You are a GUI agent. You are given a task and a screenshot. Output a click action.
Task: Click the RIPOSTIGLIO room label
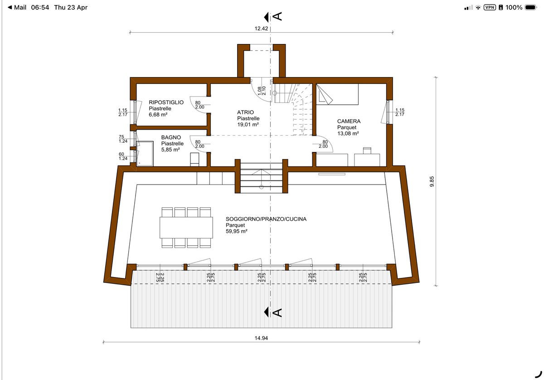(x=166, y=102)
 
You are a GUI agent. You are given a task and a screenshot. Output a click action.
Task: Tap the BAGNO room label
(x=171, y=137)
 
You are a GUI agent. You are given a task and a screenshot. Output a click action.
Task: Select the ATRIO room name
(x=245, y=112)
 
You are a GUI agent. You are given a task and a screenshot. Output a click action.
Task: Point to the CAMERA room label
(x=349, y=121)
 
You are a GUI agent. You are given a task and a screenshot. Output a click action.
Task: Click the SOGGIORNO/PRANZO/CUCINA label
(x=266, y=219)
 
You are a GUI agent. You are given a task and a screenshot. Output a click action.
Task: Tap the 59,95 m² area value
(x=236, y=231)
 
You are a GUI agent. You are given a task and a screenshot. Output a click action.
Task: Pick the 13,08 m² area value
(x=348, y=133)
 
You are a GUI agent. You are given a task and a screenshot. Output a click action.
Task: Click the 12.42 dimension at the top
(x=261, y=29)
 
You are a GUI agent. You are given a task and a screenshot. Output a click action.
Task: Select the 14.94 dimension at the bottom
(x=261, y=338)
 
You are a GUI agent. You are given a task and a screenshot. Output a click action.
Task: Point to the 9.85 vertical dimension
(x=432, y=181)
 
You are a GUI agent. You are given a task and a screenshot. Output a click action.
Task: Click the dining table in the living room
(x=186, y=228)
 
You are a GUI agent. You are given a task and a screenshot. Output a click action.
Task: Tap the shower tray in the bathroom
(x=145, y=154)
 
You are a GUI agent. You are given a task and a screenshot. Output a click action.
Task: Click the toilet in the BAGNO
(x=194, y=159)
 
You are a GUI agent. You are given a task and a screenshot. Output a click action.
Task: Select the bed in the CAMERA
(x=337, y=94)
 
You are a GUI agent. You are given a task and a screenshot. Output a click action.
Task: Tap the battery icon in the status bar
(x=530, y=8)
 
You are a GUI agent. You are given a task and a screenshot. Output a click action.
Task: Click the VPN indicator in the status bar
(x=489, y=7)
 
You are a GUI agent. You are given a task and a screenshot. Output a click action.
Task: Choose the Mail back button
(x=17, y=8)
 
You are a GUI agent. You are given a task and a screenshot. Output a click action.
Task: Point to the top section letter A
(x=277, y=16)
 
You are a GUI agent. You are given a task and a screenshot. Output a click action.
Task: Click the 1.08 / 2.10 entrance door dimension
(x=262, y=91)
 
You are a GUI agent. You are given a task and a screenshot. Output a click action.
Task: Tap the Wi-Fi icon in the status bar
(x=478, y=8)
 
